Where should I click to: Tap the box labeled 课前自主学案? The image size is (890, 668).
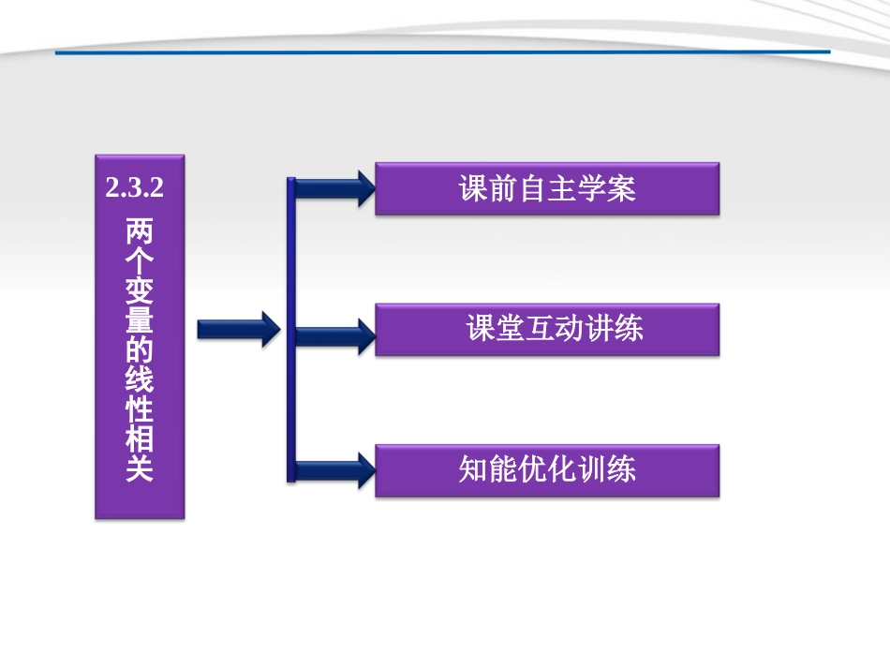[x=547, y=189]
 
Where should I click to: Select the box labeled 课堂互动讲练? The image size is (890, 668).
[x=547, y=329]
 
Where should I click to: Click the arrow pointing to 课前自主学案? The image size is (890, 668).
[x=334, y=189]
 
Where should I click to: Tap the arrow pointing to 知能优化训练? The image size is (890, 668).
[x=334, y=469]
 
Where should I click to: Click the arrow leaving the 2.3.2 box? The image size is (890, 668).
[x=239, y=329]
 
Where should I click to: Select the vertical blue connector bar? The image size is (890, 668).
[x=290, y=329]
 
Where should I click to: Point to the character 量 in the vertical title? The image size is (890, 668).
[x=140, y=321]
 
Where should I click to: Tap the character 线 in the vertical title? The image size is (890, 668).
[x=140, y=380]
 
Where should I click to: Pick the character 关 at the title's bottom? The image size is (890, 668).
[x=140, y=468]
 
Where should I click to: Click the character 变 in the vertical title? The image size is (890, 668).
[x=140, y=291]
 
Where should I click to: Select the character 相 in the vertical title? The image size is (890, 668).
[x=140, y=439]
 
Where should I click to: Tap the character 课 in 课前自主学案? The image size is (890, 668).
[x=473, y=189]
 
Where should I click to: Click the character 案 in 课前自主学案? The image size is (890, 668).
[x=621, y=189]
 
